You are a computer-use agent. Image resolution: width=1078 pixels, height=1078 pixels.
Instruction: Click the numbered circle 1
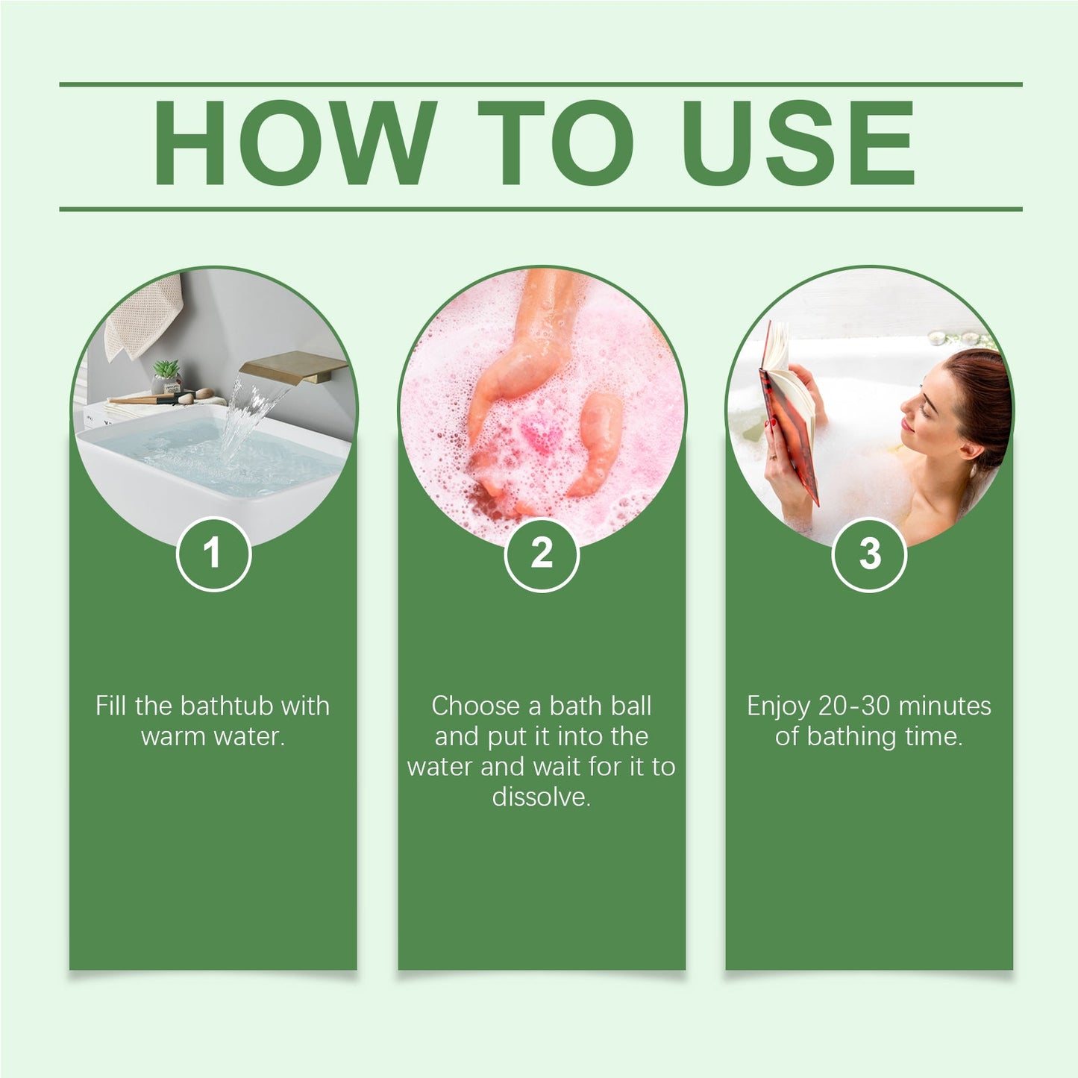(x=213, y=554)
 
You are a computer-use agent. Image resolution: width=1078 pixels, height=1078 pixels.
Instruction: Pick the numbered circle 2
(x=542, y=554)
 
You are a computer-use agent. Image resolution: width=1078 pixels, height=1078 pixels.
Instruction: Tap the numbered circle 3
(x=869, y=554)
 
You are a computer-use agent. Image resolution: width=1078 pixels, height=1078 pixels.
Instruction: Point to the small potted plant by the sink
(x=166, y=373)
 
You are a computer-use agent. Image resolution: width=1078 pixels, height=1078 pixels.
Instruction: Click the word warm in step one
(x=174, y=737)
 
